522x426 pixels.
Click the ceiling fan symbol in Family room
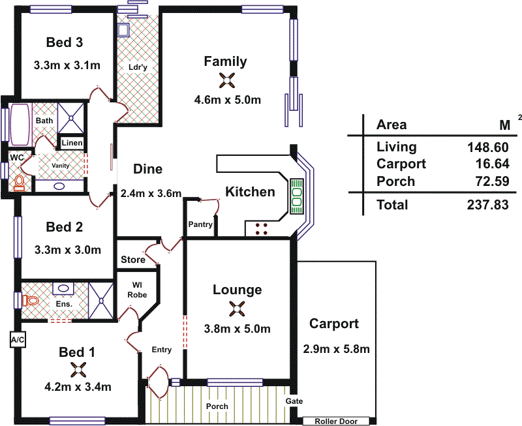227,80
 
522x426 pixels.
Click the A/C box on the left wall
17,340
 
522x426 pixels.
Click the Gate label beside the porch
295,401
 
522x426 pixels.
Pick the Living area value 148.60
487,147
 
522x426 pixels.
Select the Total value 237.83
487,205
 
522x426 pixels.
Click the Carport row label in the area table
401,164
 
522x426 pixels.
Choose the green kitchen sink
297,196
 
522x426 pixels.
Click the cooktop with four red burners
264,228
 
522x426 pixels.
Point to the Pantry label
200,224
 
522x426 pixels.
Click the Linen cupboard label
71,143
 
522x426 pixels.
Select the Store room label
133,260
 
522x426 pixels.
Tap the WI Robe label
138,290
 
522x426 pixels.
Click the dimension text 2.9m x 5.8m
336,349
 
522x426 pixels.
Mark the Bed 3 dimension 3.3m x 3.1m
67,65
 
